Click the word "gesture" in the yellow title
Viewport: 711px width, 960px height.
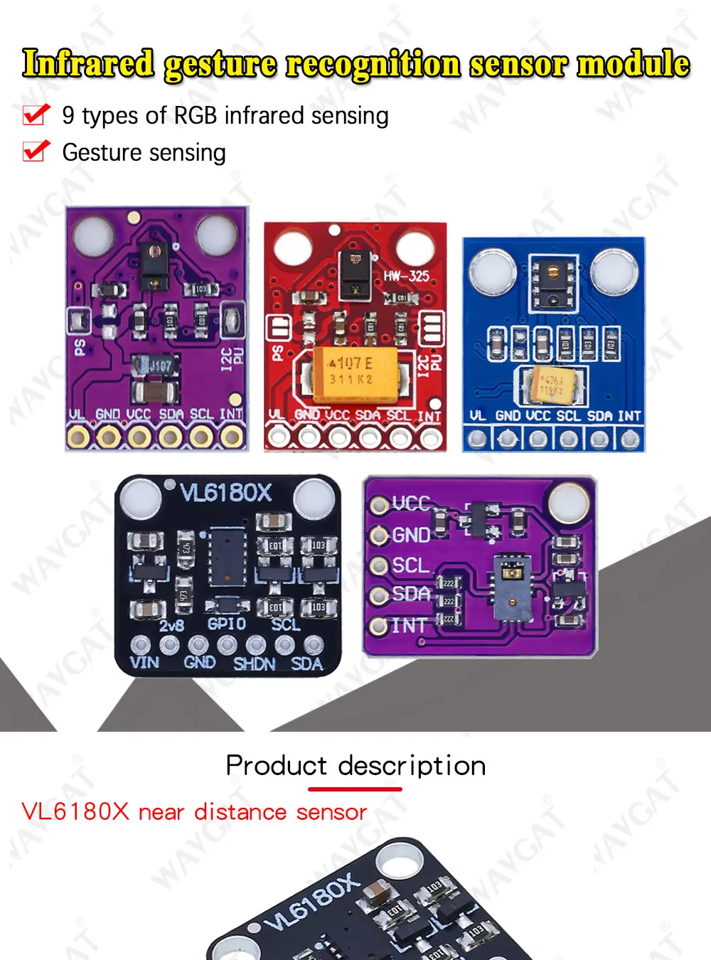point(220,65)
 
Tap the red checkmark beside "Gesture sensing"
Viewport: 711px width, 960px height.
point(36,151)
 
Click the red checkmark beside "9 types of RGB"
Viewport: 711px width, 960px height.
point(36,114)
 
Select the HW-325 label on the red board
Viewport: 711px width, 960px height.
point(407,276)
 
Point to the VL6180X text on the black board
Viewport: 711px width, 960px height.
point(226,493)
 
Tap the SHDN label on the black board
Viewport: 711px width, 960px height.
point(254,664)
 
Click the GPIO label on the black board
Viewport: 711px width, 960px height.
point(226,624)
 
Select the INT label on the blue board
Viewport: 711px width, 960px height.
point(629,416)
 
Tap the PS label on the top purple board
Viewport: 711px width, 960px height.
point(80,348)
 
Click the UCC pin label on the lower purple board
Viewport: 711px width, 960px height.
point(411,503)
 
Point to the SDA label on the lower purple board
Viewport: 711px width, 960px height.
point(411,594)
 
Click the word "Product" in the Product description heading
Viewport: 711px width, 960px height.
point(276,766)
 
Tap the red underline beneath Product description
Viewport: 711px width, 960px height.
point(355,789)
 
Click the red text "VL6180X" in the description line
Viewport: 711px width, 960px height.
point(75,812)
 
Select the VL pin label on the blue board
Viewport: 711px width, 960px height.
point(478,416)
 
